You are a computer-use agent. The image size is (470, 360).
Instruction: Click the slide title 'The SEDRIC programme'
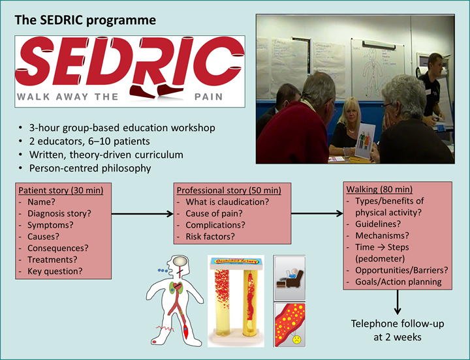[85, 20]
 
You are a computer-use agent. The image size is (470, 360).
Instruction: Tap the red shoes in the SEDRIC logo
[157, 90]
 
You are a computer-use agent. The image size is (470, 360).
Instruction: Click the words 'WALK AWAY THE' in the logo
[68, 97]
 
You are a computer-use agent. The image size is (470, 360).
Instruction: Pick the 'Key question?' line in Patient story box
[55, 271]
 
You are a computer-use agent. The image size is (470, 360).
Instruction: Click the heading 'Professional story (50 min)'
[228, 190]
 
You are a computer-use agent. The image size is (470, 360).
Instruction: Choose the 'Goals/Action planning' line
[398, 282]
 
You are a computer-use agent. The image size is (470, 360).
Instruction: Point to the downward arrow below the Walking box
[398, 303]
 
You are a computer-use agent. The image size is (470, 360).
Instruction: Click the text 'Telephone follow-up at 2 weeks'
[398, 331]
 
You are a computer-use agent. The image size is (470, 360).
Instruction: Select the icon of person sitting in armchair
[289, 275]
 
